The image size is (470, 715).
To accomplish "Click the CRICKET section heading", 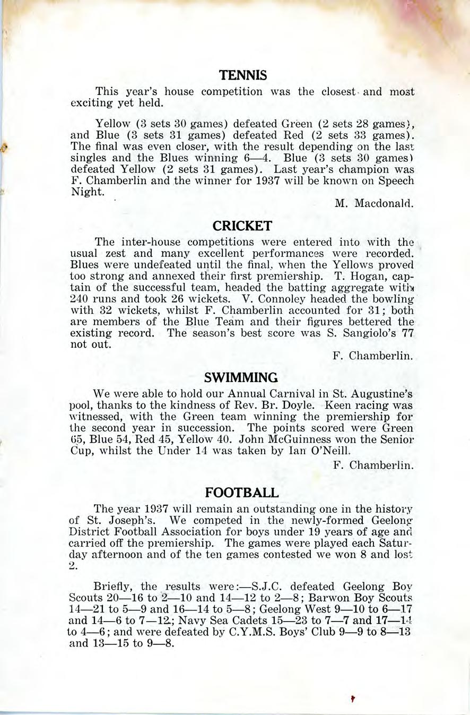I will (x=242, y=226).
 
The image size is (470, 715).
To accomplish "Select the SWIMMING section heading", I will (x=241, y=377).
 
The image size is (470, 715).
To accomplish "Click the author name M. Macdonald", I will (x=373, y=203).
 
